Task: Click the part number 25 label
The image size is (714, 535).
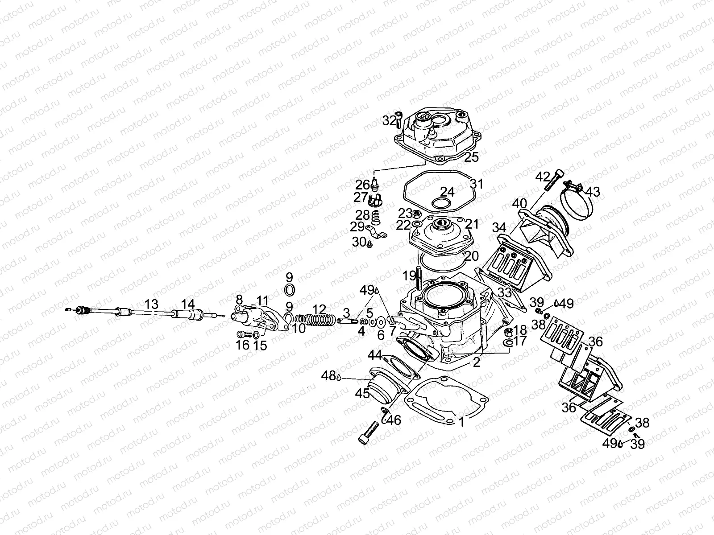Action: (471, 156)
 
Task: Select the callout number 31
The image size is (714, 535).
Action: (477, 184)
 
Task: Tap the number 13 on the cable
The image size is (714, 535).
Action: (152, 305)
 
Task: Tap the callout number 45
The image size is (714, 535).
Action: (362, 394)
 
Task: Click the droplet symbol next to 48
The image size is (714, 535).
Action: (339, 377)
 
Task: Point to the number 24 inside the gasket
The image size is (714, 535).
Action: (447, 192)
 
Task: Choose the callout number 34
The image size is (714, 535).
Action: (499, 228)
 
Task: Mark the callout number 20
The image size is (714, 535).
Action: (471, 257)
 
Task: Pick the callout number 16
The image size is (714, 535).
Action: (243, 346)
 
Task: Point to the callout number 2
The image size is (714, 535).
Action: (477, 362)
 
